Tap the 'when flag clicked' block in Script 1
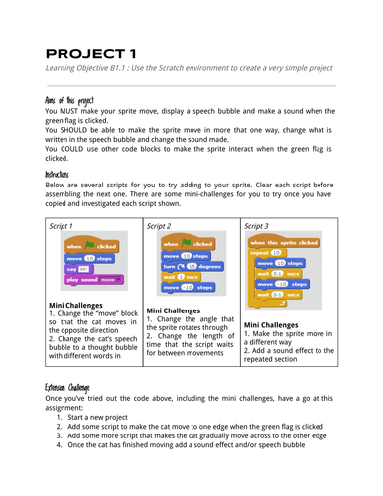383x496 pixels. click(90, 245)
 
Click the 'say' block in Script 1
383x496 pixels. click(76, 269)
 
